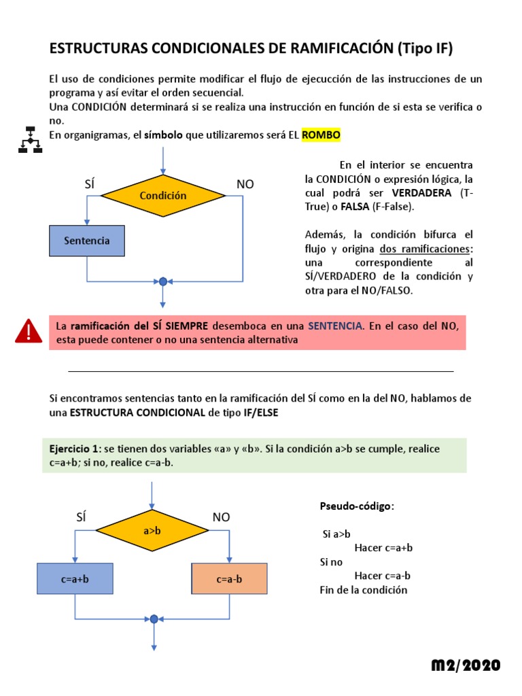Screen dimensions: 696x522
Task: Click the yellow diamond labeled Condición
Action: pos(162,196)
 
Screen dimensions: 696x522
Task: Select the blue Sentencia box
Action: pos(87,241)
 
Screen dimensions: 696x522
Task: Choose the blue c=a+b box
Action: pos(75,580)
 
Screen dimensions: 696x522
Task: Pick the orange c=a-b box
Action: pos(229,580)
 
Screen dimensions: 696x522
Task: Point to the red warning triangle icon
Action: pos(29,331)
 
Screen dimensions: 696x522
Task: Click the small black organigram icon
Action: pos(29,139)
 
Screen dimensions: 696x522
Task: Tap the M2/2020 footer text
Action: pos(466,665)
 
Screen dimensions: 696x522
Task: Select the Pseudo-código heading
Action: pos(356,507)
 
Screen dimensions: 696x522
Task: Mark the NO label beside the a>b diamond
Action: pos(222,517)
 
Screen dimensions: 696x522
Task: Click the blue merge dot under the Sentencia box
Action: pos(162,281)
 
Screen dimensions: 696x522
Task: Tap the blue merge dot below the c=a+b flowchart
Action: pos(154,619)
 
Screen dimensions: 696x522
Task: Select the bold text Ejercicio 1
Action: pos(74,449)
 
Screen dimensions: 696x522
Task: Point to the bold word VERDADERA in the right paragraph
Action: pos(422,192)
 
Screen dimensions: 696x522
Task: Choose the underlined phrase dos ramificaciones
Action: pos(425,248)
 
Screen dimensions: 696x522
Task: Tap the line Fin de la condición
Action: pos(363,590)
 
